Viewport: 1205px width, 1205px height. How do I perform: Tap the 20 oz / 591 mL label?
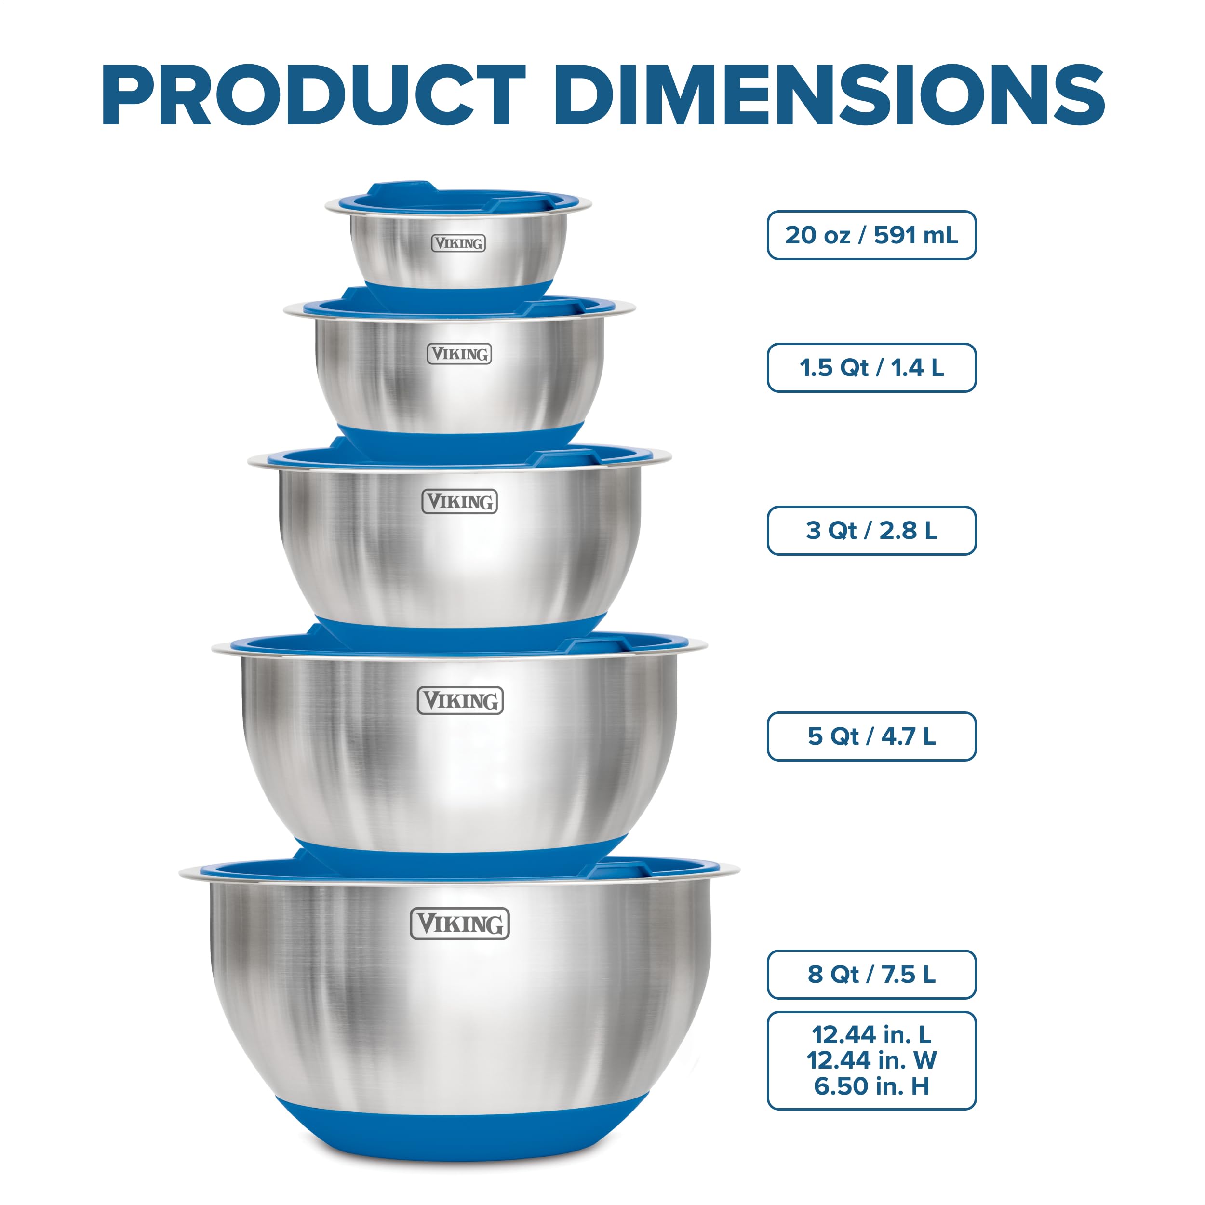pyautogui.click(x=871, y=235)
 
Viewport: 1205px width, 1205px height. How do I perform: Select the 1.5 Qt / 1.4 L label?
pyautogui.click(x=871, y=367)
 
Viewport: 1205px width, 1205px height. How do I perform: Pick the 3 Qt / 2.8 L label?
pyautogui.click(x=871, y=530)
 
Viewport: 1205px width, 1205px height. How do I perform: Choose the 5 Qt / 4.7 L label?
pyautogui.click(x=871, y=736)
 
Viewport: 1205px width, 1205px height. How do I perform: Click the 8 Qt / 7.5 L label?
pyautogui.click(x=871, y=974)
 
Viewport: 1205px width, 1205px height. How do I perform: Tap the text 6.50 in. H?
pyautogui.click(x=871, y=1086)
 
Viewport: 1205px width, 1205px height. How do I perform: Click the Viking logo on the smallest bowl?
pyautogui.click(x=458, y=243)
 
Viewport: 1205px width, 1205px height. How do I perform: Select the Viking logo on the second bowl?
pyautogui.click(x=460, y=354)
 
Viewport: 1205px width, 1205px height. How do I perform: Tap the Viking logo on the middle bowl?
pyautogui.click(x=460, y=501)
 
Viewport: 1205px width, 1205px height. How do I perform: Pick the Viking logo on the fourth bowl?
pyautogui.click(x=460, y=700)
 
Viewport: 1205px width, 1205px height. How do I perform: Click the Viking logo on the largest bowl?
pyautogui.click(x=460, y=924)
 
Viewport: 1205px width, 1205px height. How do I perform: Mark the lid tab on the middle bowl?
pyautogui.click(x=564, y=459)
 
